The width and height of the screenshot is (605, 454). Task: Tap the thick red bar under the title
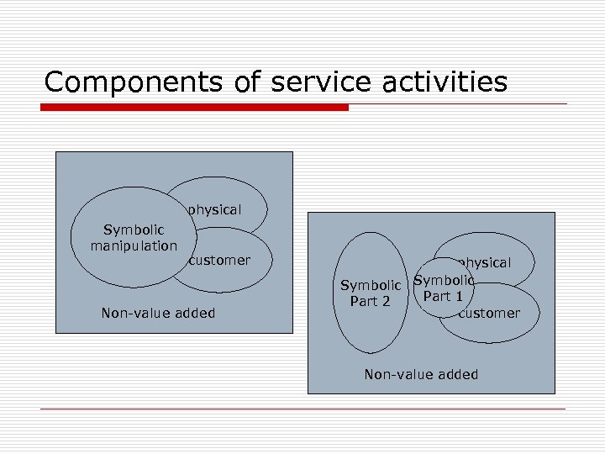pos(194,108)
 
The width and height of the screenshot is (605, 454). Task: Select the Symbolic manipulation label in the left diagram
pos(134,238)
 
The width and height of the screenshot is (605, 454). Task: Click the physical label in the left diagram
pos(214,209)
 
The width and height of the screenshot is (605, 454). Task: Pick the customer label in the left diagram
pos(219,261)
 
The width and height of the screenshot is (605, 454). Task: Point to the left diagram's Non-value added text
pos(158,314)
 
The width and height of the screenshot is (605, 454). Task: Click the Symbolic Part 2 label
pos(370,293)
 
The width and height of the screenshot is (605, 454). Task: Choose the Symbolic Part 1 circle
pos(444,288)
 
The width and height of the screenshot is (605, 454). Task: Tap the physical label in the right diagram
pos(486,262)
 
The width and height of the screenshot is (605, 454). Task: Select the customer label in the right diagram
pos(489,314)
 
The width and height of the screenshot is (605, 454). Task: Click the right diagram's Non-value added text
pos(421,375)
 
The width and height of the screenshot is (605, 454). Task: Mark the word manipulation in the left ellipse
pos(134,245)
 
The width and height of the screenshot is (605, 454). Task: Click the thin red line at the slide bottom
pos(302,409)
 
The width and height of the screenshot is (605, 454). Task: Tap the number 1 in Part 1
pos(459,296)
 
